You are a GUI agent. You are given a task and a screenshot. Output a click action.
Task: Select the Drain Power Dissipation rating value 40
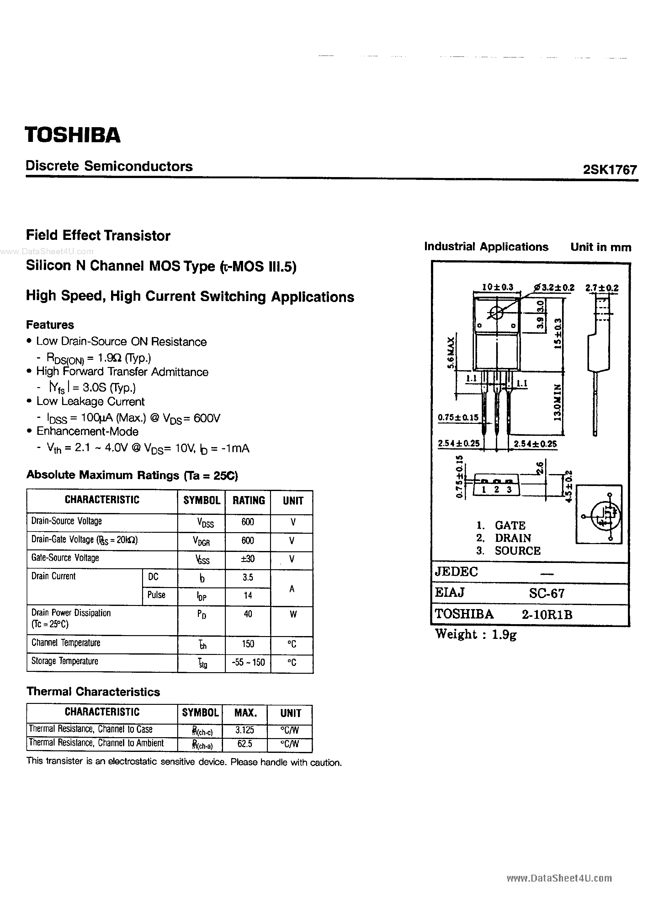tap(248, 614)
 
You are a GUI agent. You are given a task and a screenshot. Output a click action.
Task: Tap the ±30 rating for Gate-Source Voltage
tap(248, 559)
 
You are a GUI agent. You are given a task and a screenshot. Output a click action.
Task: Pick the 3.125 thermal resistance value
tap(245, 730)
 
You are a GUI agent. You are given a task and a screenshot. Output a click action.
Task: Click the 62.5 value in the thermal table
tap(245, 744)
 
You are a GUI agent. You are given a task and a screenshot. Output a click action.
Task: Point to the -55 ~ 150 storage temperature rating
tap(248, 662)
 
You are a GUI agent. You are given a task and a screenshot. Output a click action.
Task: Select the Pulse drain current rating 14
tap(248, 595)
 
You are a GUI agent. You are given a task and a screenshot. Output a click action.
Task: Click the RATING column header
tap(248, 500)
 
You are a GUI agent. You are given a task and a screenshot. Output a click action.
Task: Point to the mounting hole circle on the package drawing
tap(497, 313)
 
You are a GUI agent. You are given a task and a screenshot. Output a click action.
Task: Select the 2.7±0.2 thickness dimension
tap(602, 288)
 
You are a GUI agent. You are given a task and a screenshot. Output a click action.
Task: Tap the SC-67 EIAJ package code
tap(546, 593)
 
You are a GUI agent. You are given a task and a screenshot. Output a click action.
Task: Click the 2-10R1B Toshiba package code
tap(546, 614)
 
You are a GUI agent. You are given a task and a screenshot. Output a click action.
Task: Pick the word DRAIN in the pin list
tap(513, 538)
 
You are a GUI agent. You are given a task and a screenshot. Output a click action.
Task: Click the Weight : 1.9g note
tap(475, 634)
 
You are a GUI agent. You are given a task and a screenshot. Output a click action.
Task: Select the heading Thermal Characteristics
tap(93, 692)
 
